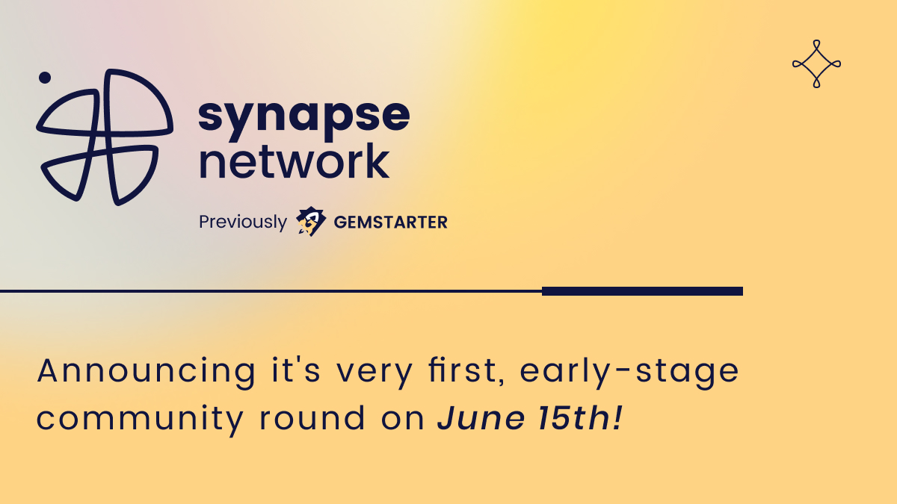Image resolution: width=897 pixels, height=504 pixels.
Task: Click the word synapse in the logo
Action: [x=303, y=116]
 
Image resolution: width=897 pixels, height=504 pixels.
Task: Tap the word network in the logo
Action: [x=294, y=161]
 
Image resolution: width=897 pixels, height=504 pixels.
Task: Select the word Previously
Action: [x=242, y=223]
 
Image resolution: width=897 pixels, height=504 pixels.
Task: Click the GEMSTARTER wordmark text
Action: [x=390, y=223]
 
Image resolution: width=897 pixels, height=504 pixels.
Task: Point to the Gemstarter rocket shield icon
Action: [x=311, y=222]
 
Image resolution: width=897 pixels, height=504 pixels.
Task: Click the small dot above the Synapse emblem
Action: [x=45, y=77]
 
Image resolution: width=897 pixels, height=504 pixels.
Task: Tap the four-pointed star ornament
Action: [x=816, y=63]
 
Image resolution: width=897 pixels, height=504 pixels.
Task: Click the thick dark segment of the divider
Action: [x=642, y=291]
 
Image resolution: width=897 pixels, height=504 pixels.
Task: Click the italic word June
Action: [x=479, y=419]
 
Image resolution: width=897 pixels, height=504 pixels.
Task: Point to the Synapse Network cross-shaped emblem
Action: [x=105, y=137]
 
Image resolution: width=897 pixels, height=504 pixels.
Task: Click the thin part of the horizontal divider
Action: [x=269, y=291]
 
